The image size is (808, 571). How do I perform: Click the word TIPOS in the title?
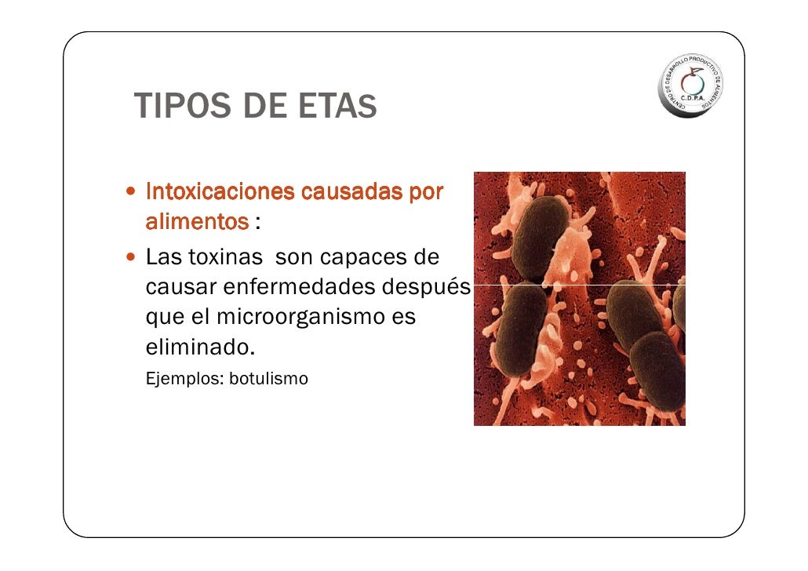click(180, 107)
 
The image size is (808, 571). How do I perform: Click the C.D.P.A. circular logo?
click(690, 85)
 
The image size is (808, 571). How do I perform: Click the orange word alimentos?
click(197, 222)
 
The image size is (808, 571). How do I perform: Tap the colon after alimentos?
click(257, 224)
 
